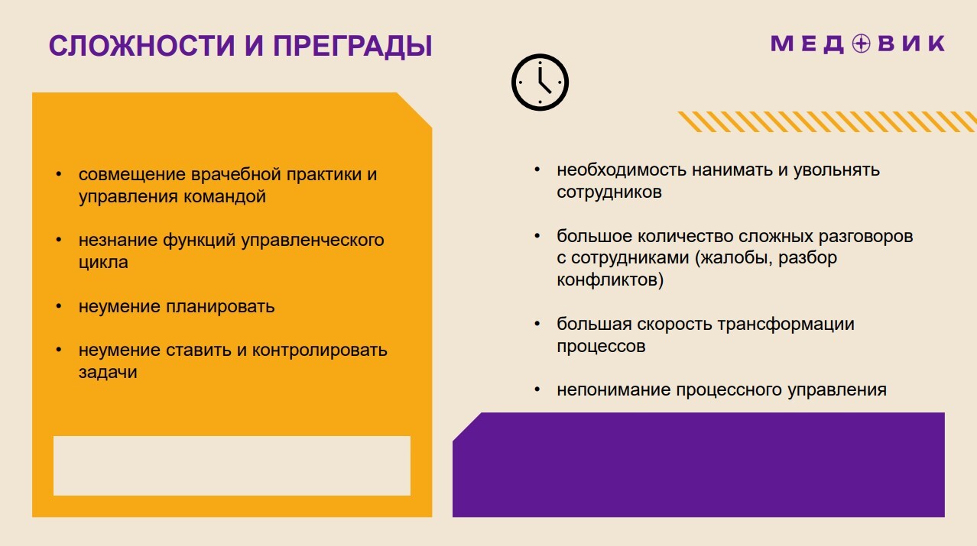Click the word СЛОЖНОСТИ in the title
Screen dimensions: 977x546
click(141, 46)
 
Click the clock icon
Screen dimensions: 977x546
click(540, 82)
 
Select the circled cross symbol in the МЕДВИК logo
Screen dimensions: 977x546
click(861, 44)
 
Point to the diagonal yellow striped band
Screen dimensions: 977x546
click(827, 121)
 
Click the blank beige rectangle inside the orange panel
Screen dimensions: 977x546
click(232, 465)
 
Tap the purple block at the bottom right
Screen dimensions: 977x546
click(698, 464)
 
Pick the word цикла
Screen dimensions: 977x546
click(103, 263)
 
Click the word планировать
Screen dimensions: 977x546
click(220, 307)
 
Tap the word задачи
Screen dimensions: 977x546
click(108, 372)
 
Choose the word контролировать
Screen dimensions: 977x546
click(320, 350)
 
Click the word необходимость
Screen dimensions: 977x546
click(622, 170)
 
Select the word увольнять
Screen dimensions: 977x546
click(836, 170)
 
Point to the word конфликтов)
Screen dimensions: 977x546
click(610, 279)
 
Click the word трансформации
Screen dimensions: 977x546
click(786, 325)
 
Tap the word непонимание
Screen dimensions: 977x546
click(614, 389)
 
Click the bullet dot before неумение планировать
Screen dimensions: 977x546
click(59, 306)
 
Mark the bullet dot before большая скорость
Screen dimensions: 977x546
click(537, 324)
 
